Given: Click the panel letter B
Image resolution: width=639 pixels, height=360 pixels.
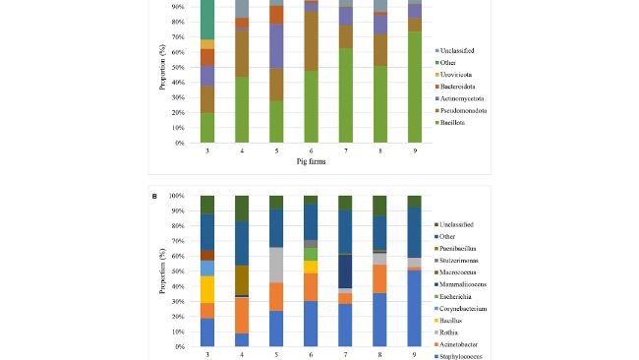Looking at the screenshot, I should (x=154, y=196).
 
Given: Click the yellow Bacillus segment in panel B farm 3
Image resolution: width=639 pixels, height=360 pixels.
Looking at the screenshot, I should (x=207, y=289).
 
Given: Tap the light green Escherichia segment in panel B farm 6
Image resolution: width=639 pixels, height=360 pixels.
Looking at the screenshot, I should (x=311, y=254).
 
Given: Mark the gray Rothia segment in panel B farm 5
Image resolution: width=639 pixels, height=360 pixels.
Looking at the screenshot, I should (x=276, y=265).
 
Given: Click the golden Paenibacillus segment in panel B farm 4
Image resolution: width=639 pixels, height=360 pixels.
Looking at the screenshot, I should (x=242, y=279).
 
